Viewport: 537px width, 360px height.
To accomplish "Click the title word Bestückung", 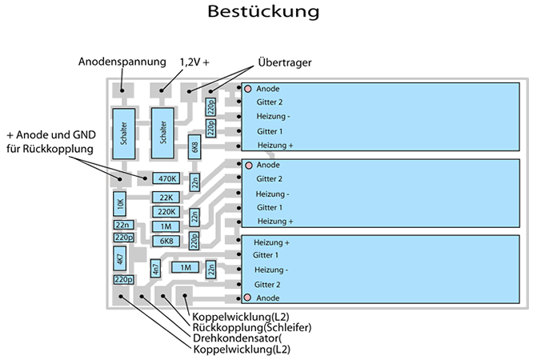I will pyautogui.click(x=263, y=12).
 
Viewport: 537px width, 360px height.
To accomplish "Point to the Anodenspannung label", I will pyautogui.click(x=122, y=62).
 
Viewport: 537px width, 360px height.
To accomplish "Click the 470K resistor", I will pyautogui.click(x=166, y=178).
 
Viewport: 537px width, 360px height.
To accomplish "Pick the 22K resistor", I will pyautogui.click(x=166, y=198).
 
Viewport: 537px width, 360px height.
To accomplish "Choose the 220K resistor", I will pyautogui.click(x=166, y=212).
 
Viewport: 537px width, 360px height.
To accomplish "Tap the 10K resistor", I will pyautogui.click(x=120, y=205).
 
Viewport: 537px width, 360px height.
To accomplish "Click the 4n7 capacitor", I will pyautogui.click(x=156, y=270).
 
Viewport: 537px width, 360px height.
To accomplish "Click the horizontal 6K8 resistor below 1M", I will pyautogui.click(x=166, y=241).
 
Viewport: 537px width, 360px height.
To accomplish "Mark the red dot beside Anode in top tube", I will pyautogui.click(x=249, y=89).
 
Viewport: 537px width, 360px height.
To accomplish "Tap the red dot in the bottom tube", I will pyautogui.click(x=248, y=298).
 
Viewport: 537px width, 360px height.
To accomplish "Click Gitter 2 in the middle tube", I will pyautogui.click(x=270, y=178).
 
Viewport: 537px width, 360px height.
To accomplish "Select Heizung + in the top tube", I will pyautogui.click(x=275, y=145).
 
